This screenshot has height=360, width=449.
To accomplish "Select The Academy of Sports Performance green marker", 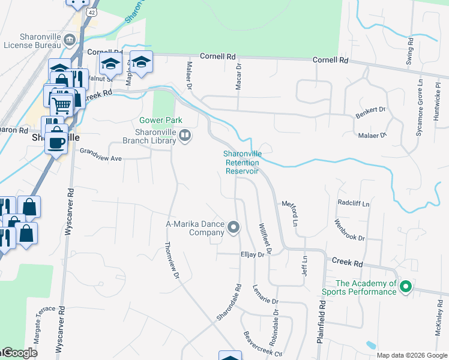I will [x=405, y=287].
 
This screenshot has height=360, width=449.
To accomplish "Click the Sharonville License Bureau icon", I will [x=70, y=40].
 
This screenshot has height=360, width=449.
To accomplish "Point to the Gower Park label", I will [x=160, y=121].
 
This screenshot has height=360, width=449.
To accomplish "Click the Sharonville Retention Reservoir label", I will [x=243, y=162].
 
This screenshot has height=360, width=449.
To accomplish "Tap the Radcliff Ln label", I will [x=353, y=203].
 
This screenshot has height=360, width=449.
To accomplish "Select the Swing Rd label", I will [x=410, y=52].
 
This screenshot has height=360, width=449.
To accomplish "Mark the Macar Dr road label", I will [x=238, y=77].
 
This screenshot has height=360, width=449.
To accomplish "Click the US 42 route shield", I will [x=91, y=12].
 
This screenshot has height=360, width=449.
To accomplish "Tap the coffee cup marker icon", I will [x=56, y=143].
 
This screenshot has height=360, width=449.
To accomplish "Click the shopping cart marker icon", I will [x=62, y=105].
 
